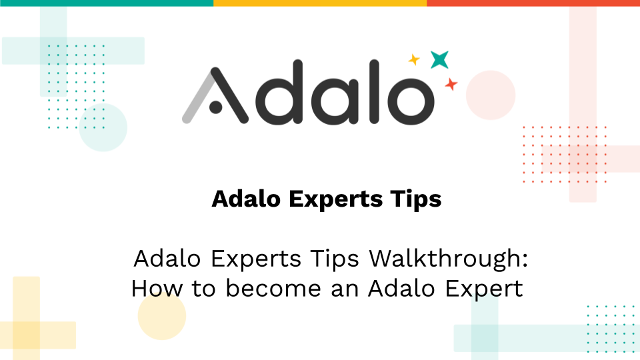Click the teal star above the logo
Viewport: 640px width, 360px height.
pos(439,60)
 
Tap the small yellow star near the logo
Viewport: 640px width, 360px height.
pos(414,60)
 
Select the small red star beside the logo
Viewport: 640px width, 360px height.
pos(451,85)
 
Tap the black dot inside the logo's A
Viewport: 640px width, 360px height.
pos(215,106)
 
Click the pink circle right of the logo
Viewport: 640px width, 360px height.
pos(491,95)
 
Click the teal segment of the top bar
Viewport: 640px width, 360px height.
pos(107,3)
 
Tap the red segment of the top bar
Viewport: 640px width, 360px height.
pos(533,3)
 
